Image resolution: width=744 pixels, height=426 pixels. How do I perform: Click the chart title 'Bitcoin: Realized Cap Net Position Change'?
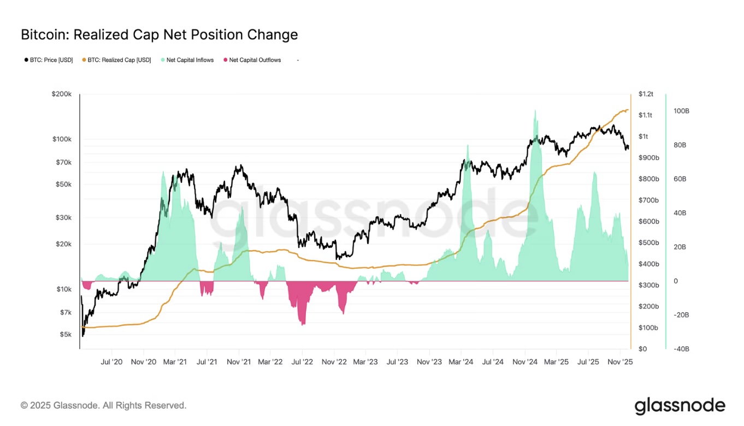[159, 35]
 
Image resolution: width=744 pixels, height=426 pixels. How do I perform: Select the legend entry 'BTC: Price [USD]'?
[49, 60]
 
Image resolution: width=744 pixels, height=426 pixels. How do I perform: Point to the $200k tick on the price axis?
[62, 94]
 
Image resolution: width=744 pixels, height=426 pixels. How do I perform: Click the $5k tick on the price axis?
[65, 334]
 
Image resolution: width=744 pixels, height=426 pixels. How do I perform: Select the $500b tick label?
[648, 243]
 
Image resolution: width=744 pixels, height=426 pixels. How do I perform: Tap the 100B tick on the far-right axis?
[681, 111]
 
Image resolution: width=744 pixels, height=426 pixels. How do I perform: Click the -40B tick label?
[681, 349]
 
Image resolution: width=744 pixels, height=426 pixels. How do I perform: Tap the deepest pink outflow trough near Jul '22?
[303, 324]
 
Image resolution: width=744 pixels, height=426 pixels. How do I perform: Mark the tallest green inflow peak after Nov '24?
[534, 111]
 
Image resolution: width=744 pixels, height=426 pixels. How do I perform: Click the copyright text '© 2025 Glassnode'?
[104, 405]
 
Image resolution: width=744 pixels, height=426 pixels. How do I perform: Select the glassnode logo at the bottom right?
[680, 406]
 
